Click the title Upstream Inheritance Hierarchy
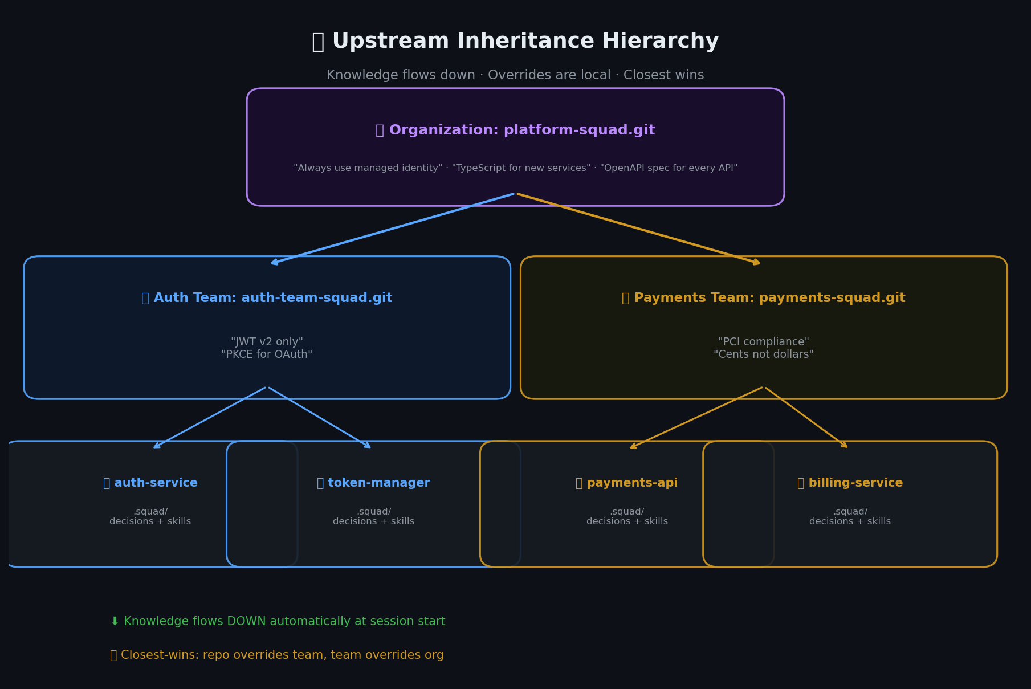(515, 42)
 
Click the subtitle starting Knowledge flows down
(515, 75)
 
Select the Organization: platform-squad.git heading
(515, 131)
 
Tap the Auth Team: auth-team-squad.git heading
(267, 298)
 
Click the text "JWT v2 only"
(267, 342)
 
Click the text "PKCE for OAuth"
(267, 354)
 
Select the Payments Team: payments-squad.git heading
(763, 298)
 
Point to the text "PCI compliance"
(763, 342)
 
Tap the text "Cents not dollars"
(763, 354)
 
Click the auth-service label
(150, 483)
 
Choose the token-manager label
(373, 483)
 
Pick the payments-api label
(627, 483)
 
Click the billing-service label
(850, 483)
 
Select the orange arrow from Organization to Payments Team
(638, 229)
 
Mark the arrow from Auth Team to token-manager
(319, 417)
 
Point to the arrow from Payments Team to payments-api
(696, 417)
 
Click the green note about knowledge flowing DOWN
(278, 622)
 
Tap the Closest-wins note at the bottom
(277, 655)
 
